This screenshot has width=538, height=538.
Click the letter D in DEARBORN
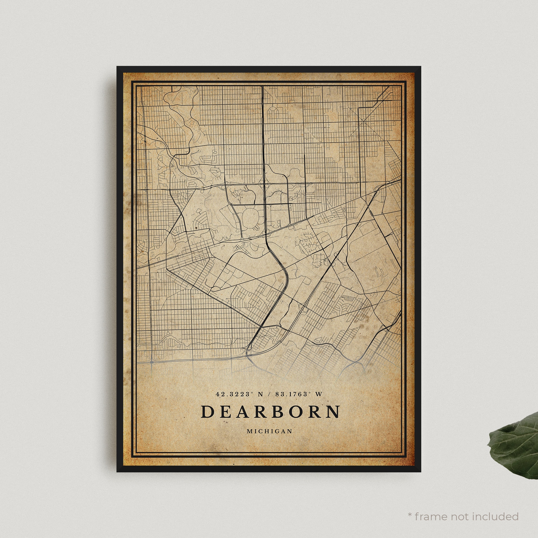tap(207, 412)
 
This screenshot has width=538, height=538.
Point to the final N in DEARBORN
tap(333, 412)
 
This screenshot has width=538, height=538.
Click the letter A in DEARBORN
tap(245, 412)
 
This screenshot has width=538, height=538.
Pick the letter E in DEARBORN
tap(226, 412)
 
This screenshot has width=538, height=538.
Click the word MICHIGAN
tap(269, 431)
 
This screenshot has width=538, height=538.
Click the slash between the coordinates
tap(269, 394)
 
